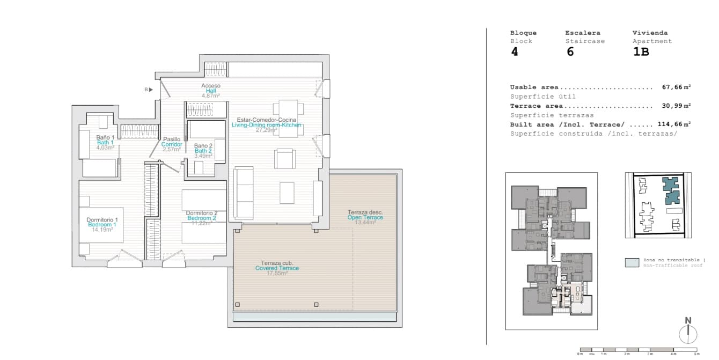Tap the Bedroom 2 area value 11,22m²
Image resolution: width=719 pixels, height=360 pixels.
click(201, 223)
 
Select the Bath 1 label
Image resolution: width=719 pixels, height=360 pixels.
click(105, 142)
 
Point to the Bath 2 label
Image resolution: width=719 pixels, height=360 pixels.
click(203, 151)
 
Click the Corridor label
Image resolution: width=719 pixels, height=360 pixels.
click(172, 144)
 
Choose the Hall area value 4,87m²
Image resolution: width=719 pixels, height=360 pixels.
click(211, 96)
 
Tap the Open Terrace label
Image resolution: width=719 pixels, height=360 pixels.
click(365, 217)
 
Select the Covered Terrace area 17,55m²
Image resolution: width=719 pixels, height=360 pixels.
click(277, 273)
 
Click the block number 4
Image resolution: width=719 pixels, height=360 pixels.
click(515, 52)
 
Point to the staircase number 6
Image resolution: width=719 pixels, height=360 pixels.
click(570, 52)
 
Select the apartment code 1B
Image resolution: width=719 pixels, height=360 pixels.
click(641, 52)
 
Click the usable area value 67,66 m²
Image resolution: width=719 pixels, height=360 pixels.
click(676, 87)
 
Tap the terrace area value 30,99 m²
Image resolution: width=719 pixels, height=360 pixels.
click(676, 106)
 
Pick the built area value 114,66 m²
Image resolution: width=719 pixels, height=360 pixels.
click(674, 124)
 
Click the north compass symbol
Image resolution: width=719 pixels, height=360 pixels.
click(688, 333)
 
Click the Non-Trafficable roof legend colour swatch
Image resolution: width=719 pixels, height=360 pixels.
click(632, 262)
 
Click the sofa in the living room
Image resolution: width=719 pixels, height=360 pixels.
click(245, 192)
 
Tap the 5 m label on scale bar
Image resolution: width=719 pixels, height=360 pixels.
click(696, 354)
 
